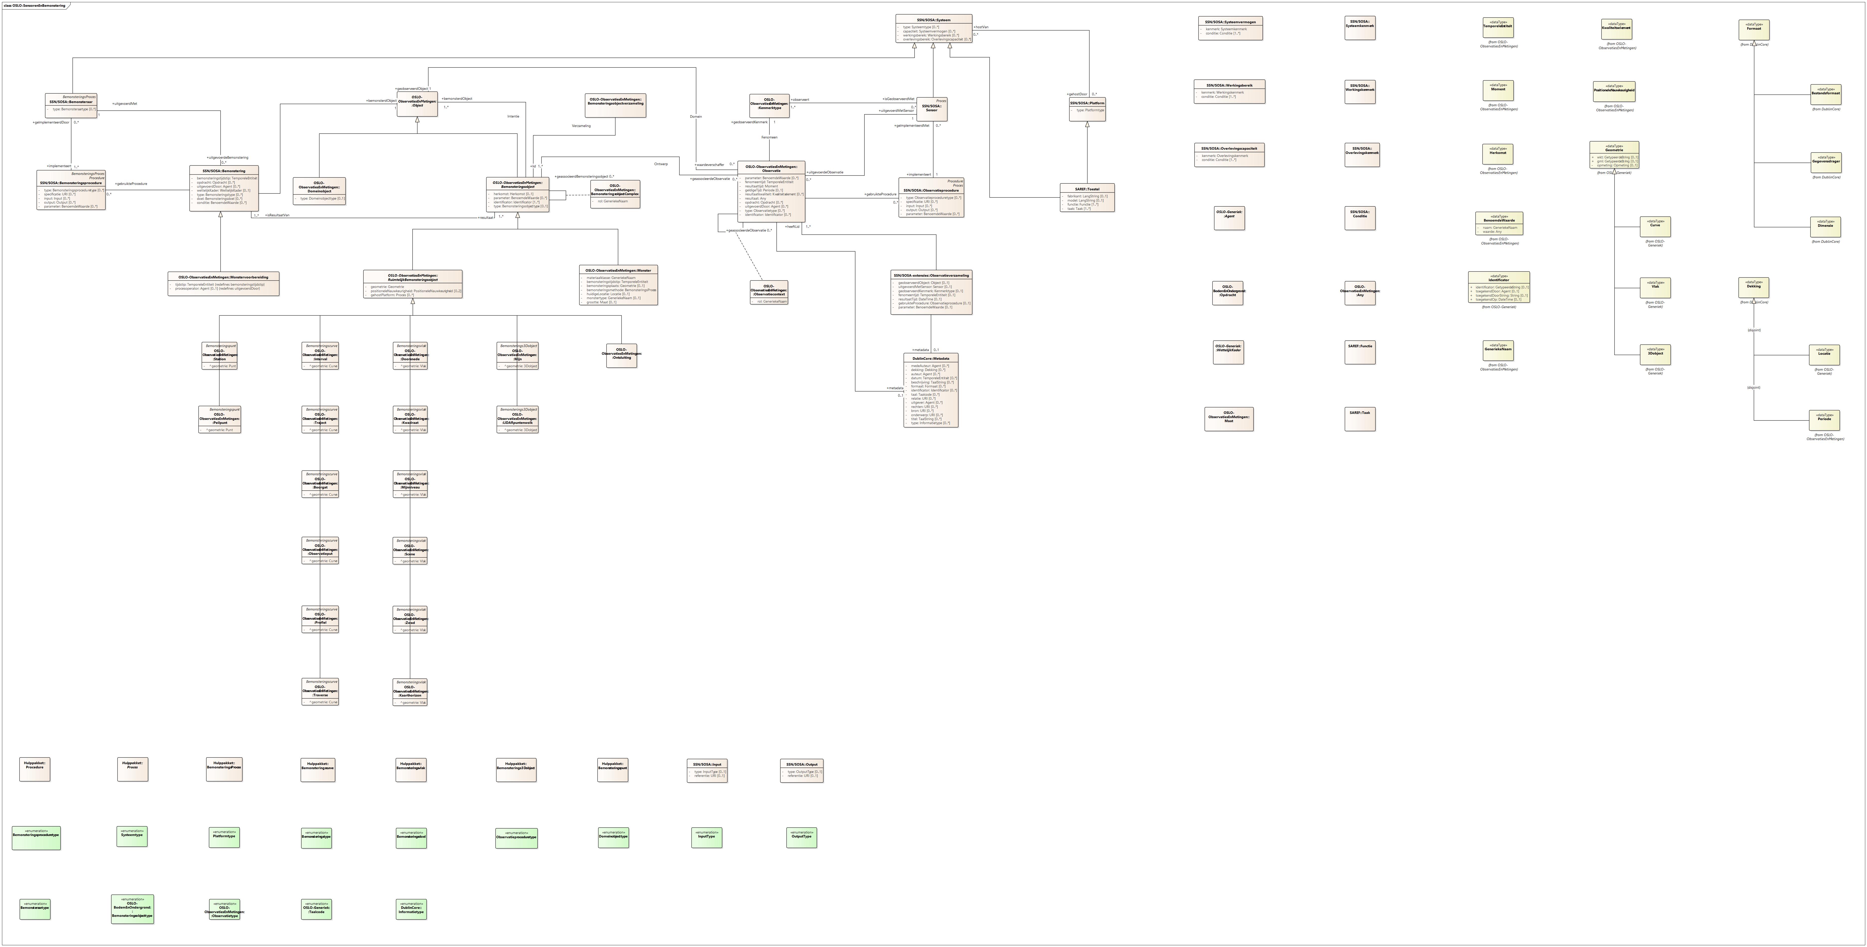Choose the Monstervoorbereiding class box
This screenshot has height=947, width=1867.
[223, 283]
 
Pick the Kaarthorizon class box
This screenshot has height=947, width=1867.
[410, 693]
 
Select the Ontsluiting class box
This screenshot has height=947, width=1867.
[621, 355]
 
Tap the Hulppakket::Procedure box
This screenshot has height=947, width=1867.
[35, 769]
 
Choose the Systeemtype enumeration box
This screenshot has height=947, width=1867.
[132, 836]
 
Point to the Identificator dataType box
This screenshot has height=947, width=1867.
[1499, 287]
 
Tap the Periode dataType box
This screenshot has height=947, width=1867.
[1824, 419]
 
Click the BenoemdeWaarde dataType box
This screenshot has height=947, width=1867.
[1499, 223]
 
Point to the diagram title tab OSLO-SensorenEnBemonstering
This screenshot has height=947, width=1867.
[35, 5]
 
